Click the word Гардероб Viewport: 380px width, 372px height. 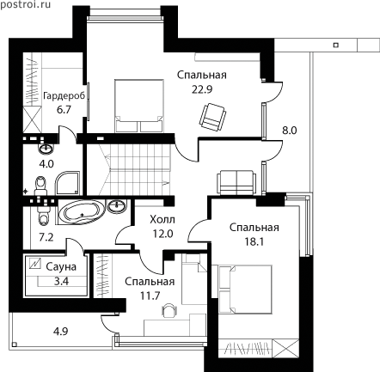point(64,95)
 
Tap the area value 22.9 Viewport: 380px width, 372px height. point(202,89)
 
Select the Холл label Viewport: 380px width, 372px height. point(162,220)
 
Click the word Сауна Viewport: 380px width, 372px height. point(61,267)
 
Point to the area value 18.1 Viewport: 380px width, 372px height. point(254,242)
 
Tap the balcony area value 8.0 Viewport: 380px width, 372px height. point(290,131)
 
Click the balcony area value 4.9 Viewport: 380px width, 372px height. point(61,332)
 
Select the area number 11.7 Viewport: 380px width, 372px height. point(150,296)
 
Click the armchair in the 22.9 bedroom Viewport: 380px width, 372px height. point(212,117)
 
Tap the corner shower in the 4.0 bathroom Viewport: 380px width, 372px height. point(67,183)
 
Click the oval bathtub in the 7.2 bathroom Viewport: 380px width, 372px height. point(82,212)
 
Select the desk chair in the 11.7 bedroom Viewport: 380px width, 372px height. point(169,310)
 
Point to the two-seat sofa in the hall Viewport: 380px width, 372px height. point(236,182)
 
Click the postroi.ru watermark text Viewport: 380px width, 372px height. point(26,4)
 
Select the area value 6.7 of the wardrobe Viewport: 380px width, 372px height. point(64,110)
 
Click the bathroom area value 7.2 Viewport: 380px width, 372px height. point(46,237)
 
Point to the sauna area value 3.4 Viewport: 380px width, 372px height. point(61,281)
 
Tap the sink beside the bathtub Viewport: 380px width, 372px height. point(117,206)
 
